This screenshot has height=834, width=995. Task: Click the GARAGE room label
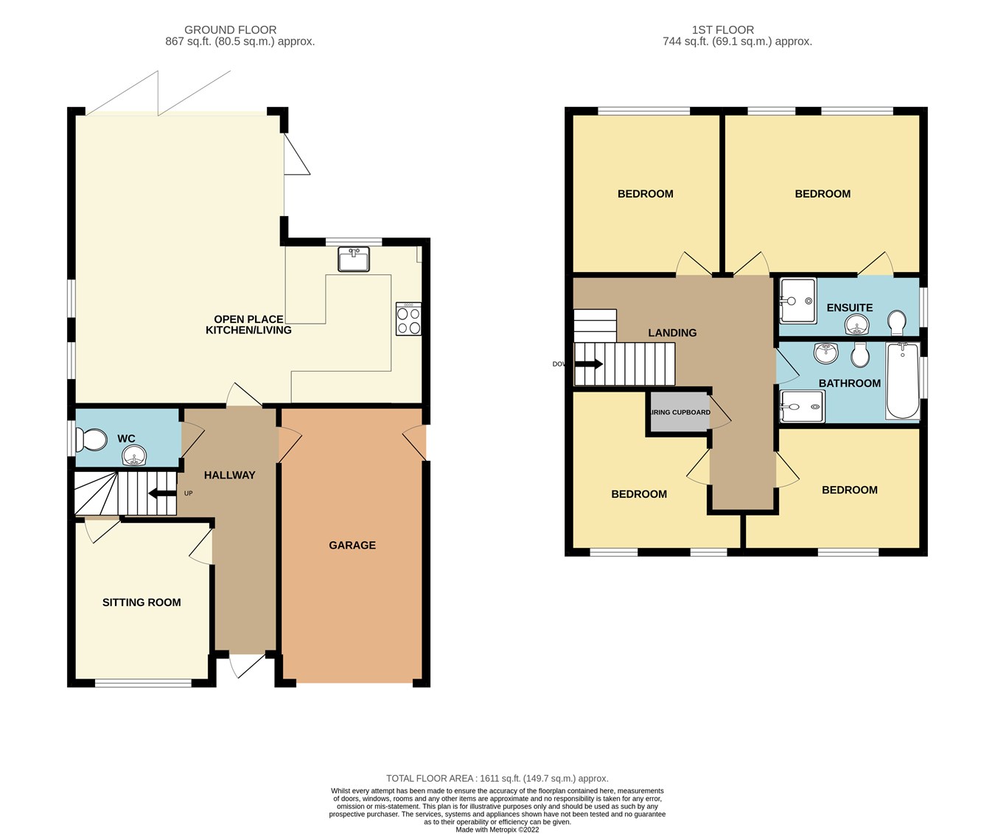click(x=352, y=545)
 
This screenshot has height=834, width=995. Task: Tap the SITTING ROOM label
click(x=142, y=602)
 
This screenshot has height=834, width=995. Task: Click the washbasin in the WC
click(x=134, y=456)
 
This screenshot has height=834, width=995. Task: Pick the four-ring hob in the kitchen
click(x=408, y=319)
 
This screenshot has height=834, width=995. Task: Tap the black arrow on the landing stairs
click(x=589, y=364)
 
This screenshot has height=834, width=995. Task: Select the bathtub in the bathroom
click(x=902, y=380)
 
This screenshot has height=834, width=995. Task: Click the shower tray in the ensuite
click(x=797, y=301)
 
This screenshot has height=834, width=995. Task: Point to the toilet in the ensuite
click(x=897, y=323)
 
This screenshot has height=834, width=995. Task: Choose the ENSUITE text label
click(x=849, y=307)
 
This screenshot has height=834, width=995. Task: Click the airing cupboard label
click(x=680, y=412)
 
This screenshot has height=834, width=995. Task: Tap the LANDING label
click(x=671, y=333)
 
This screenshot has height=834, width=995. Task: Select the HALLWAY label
click(x=229, y=475)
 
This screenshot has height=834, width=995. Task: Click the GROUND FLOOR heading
click(x=230, y=29)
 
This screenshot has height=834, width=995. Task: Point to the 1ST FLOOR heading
click(x=722, y=29)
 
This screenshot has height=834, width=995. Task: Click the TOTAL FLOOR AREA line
click(x=497, y=778)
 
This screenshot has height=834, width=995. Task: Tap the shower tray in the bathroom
click(x=802, y=406)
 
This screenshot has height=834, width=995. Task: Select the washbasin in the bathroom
click(x=825, y=353)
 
